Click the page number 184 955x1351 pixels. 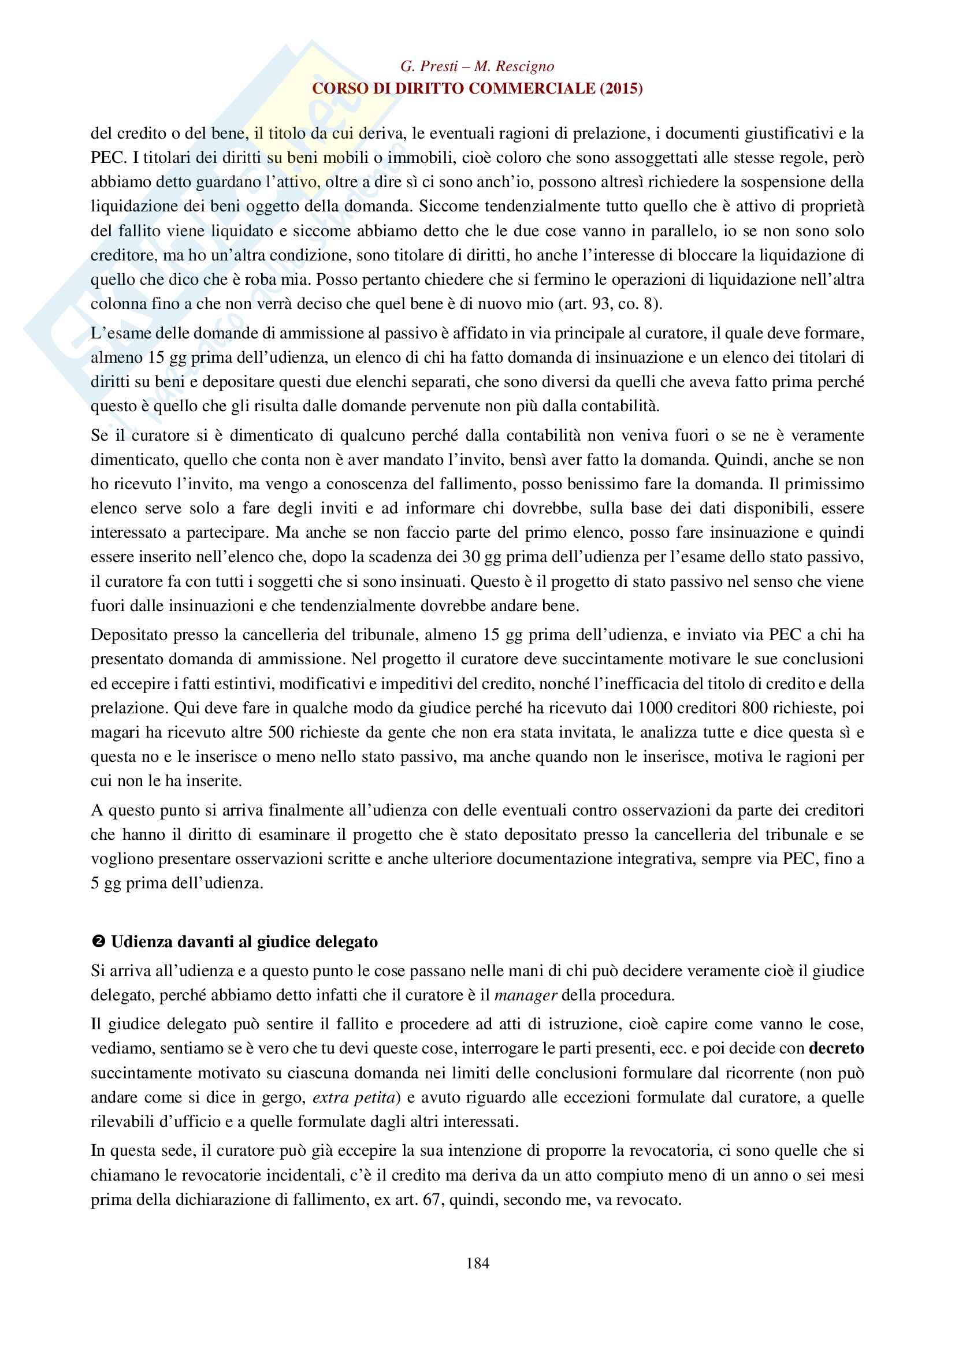477,1263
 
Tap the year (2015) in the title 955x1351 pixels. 621,88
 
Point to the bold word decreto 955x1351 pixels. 836,1048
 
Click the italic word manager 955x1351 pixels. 526,995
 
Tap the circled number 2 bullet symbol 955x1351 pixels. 98,941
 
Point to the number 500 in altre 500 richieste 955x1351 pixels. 281,732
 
